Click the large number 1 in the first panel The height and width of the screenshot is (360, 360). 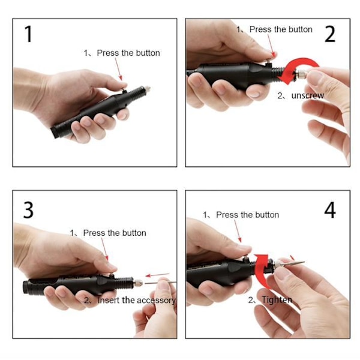pyautogui.click(x=28, y=34)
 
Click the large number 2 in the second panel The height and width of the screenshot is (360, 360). pyautogui.click(x=330, y=34)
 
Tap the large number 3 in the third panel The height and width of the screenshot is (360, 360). pyautogui.click(x=28, y=210)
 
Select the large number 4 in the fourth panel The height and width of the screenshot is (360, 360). pyautogui.click(x=330, y=210)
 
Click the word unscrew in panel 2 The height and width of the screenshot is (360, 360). pyautogui.click(x=308, y=95)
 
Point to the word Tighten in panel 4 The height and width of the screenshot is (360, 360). pyautogui.click(x=277, y=300)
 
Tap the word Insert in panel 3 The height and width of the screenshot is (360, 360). pyautogui.click(x=109, y=300)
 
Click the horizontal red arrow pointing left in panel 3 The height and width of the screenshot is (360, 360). pyautogui.click(x=157, y=275)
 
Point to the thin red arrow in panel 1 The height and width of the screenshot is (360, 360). pyautogui.click(x=118, y=69)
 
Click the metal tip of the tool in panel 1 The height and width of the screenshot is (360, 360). pyautogui.click(x=147, y=88)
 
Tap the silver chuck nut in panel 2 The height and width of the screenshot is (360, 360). pyautogui.click(x=301, y=74)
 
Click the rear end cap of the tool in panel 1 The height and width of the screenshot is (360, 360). pyautogui.click(x=55, y=132)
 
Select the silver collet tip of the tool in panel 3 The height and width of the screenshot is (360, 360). pyautogui.click(x=138, y=282)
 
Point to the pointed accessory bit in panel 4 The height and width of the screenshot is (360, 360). pyautogui.click(x=292, y=263)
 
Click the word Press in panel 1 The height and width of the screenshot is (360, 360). pyautogui.click(x=108, y=53)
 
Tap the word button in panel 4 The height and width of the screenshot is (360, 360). pyautogui.click(x=267, y=215)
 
